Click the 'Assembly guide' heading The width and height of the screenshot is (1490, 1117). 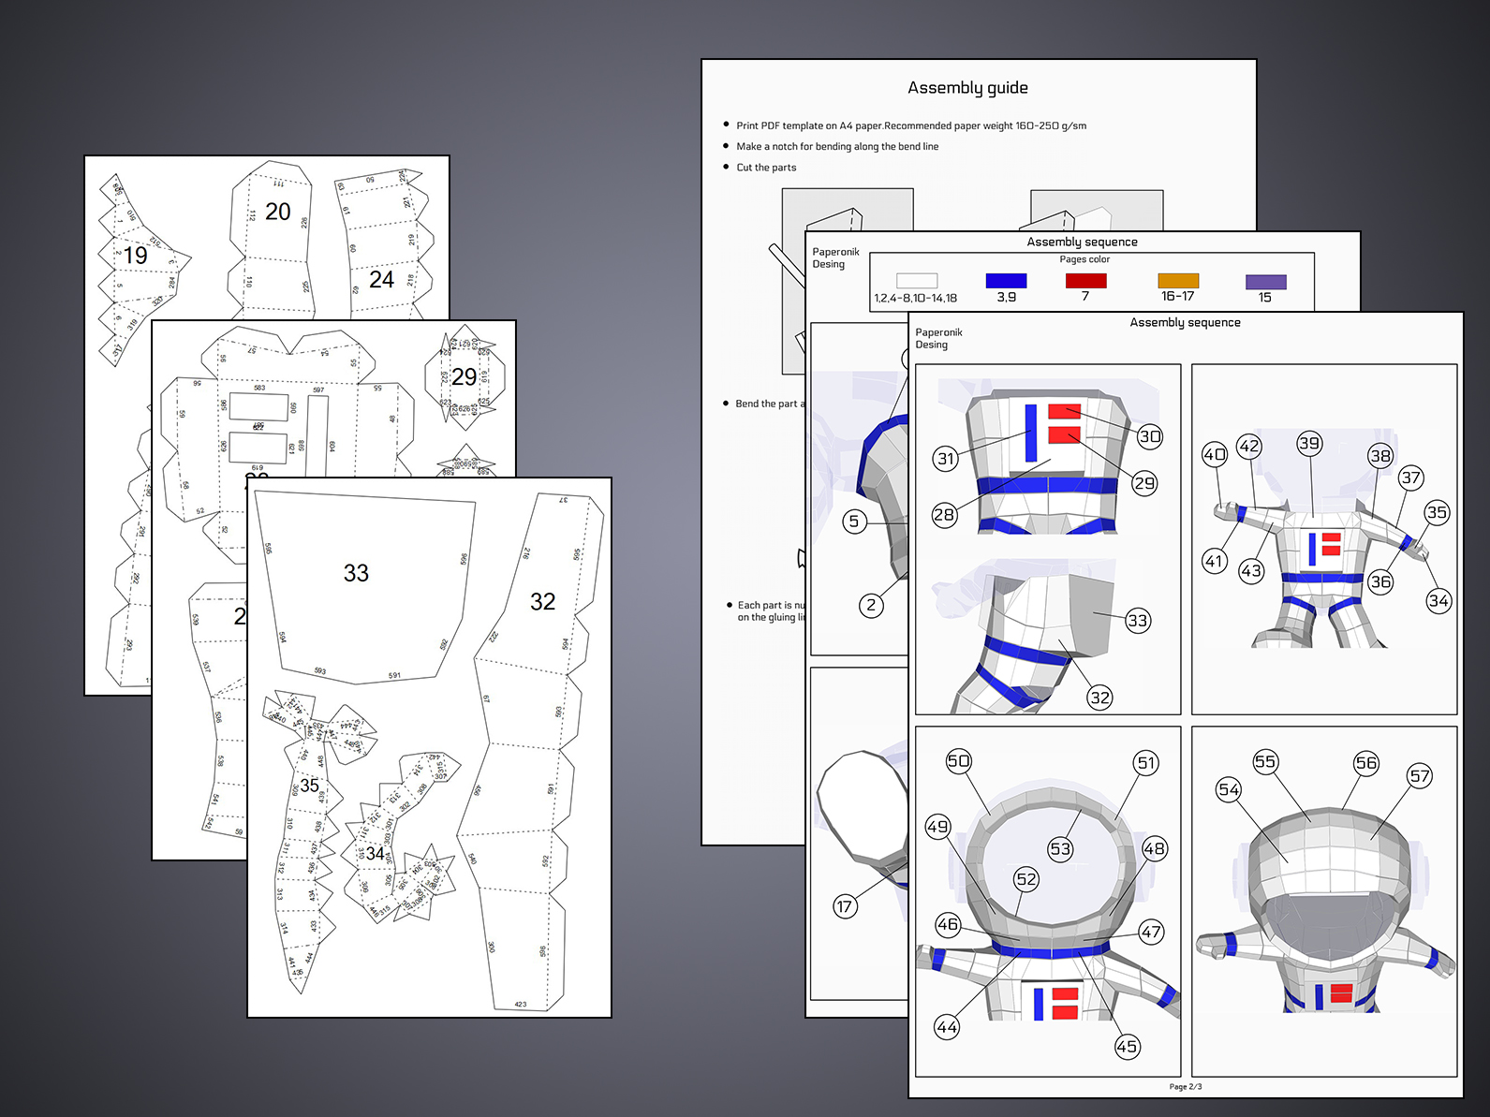tap(967, 88)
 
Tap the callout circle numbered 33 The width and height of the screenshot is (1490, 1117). tap(1137, 620)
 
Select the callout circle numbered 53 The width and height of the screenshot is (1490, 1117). tap(1060, 849)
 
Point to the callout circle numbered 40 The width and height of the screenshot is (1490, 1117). tap(1215, 455)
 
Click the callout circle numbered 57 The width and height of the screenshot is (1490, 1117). tap(1420, 775)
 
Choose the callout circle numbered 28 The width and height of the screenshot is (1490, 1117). tap(944, 515)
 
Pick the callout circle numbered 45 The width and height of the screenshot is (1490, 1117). tap(1127, 1047)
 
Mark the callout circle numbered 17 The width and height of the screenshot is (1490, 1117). tap(845, 906)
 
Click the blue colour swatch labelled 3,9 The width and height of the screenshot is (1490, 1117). tap(1006, 281)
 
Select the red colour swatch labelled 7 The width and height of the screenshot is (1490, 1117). tap(1085, 281)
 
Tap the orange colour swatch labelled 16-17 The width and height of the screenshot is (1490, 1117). tap(1178, 281)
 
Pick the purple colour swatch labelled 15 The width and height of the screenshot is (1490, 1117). tap(1265, 282)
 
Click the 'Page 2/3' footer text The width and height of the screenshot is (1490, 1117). tap(1185, 1087)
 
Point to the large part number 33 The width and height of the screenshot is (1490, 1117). tap(356, 573)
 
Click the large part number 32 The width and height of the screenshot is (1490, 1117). tap(542, 602)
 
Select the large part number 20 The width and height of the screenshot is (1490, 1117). tap(277, 212)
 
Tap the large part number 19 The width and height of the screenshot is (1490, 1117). tap(135, 256)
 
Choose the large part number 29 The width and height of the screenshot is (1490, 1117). tap(464, 376)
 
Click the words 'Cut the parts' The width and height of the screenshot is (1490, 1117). tap(766, 168)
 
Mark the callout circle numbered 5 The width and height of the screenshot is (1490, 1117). tap(853, 522)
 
